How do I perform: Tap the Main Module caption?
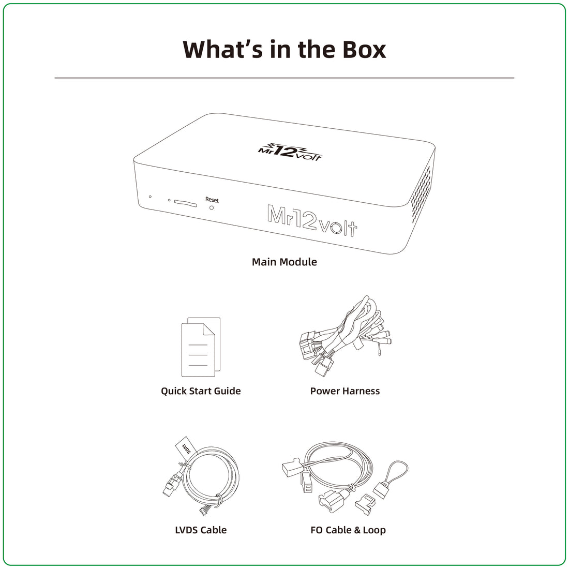pos(284,262)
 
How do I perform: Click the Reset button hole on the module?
pos(212,208)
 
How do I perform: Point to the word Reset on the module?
pos(212,200)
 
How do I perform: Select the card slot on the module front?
pos(185,203)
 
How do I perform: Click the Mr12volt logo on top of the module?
pos(289,152)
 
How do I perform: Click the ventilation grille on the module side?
pos(421,194)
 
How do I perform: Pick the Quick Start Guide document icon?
pos(201,347)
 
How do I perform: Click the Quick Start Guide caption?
pos(201,391)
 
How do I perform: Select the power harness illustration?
pos(345,336)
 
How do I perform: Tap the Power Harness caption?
pos(345,391)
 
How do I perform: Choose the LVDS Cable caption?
pos(201,530)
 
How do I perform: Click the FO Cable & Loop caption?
pos(348,530)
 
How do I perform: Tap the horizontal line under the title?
pos(284,78)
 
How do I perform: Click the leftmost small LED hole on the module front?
pos(150,197)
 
